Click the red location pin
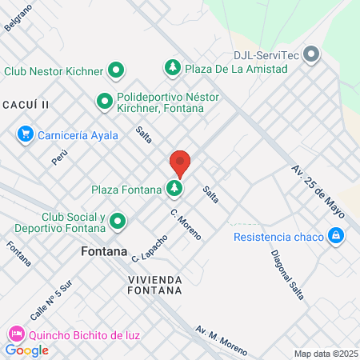[180, 163]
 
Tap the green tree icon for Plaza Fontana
[174, 189]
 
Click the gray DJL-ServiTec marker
[312, 55]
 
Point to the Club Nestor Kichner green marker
[116, 70]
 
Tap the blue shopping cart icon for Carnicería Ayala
[26, 134]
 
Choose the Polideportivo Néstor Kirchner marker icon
[104, 102]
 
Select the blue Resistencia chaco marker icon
[336, 237]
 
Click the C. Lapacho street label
[150, 249]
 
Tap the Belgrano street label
[18, 17]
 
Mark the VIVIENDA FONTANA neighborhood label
[154, 286]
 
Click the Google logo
[26, 350]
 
